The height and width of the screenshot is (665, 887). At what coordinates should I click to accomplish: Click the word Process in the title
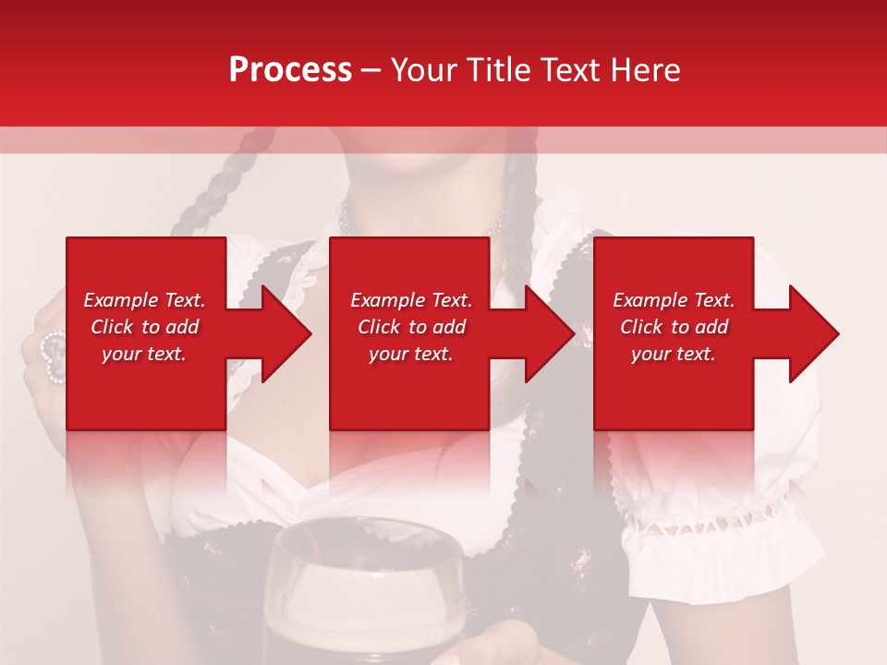tap(290, 70)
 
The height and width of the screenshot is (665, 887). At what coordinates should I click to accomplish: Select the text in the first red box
tap(144, 327)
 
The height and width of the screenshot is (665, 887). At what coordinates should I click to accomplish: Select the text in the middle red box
tap(411, 327)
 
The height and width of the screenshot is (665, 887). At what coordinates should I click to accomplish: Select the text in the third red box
tap(674, 327)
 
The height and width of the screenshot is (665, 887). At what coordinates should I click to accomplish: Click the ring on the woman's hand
tap(53, 356)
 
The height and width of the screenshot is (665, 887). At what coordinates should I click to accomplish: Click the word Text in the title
tap(575, 70)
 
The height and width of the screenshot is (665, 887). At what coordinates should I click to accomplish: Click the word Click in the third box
tap(641, 327)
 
